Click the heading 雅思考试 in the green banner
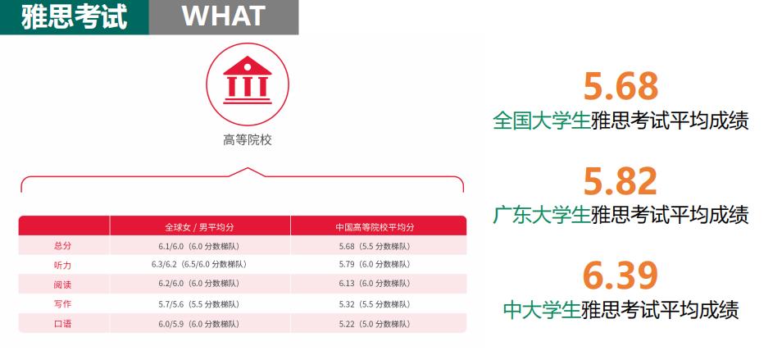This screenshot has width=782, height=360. point(74,16)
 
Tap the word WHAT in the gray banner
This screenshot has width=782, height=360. point(223,16)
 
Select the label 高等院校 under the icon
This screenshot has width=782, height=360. point(247,139)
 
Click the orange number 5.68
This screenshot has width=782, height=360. point(621,86)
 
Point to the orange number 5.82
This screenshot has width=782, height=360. point(621,180)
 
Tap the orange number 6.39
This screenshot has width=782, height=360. point(621,276)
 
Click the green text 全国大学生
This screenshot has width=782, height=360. point(541,121)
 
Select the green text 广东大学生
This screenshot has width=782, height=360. point(541,215)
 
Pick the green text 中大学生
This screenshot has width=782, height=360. point(541,310)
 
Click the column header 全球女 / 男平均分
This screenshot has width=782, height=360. point(199,226)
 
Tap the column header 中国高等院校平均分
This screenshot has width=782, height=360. point(375,226)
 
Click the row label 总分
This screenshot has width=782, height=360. point(62,246)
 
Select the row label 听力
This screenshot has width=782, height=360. point(62,265)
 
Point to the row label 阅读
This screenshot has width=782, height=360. point(62,284)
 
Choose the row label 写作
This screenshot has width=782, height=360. point(62,303)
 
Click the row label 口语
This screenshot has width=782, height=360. point(62,323)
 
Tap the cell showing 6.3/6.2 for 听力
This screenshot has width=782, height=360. point(198,265)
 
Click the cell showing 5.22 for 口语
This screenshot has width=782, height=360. point(375,323)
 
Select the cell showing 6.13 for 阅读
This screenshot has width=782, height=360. point(375,284)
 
